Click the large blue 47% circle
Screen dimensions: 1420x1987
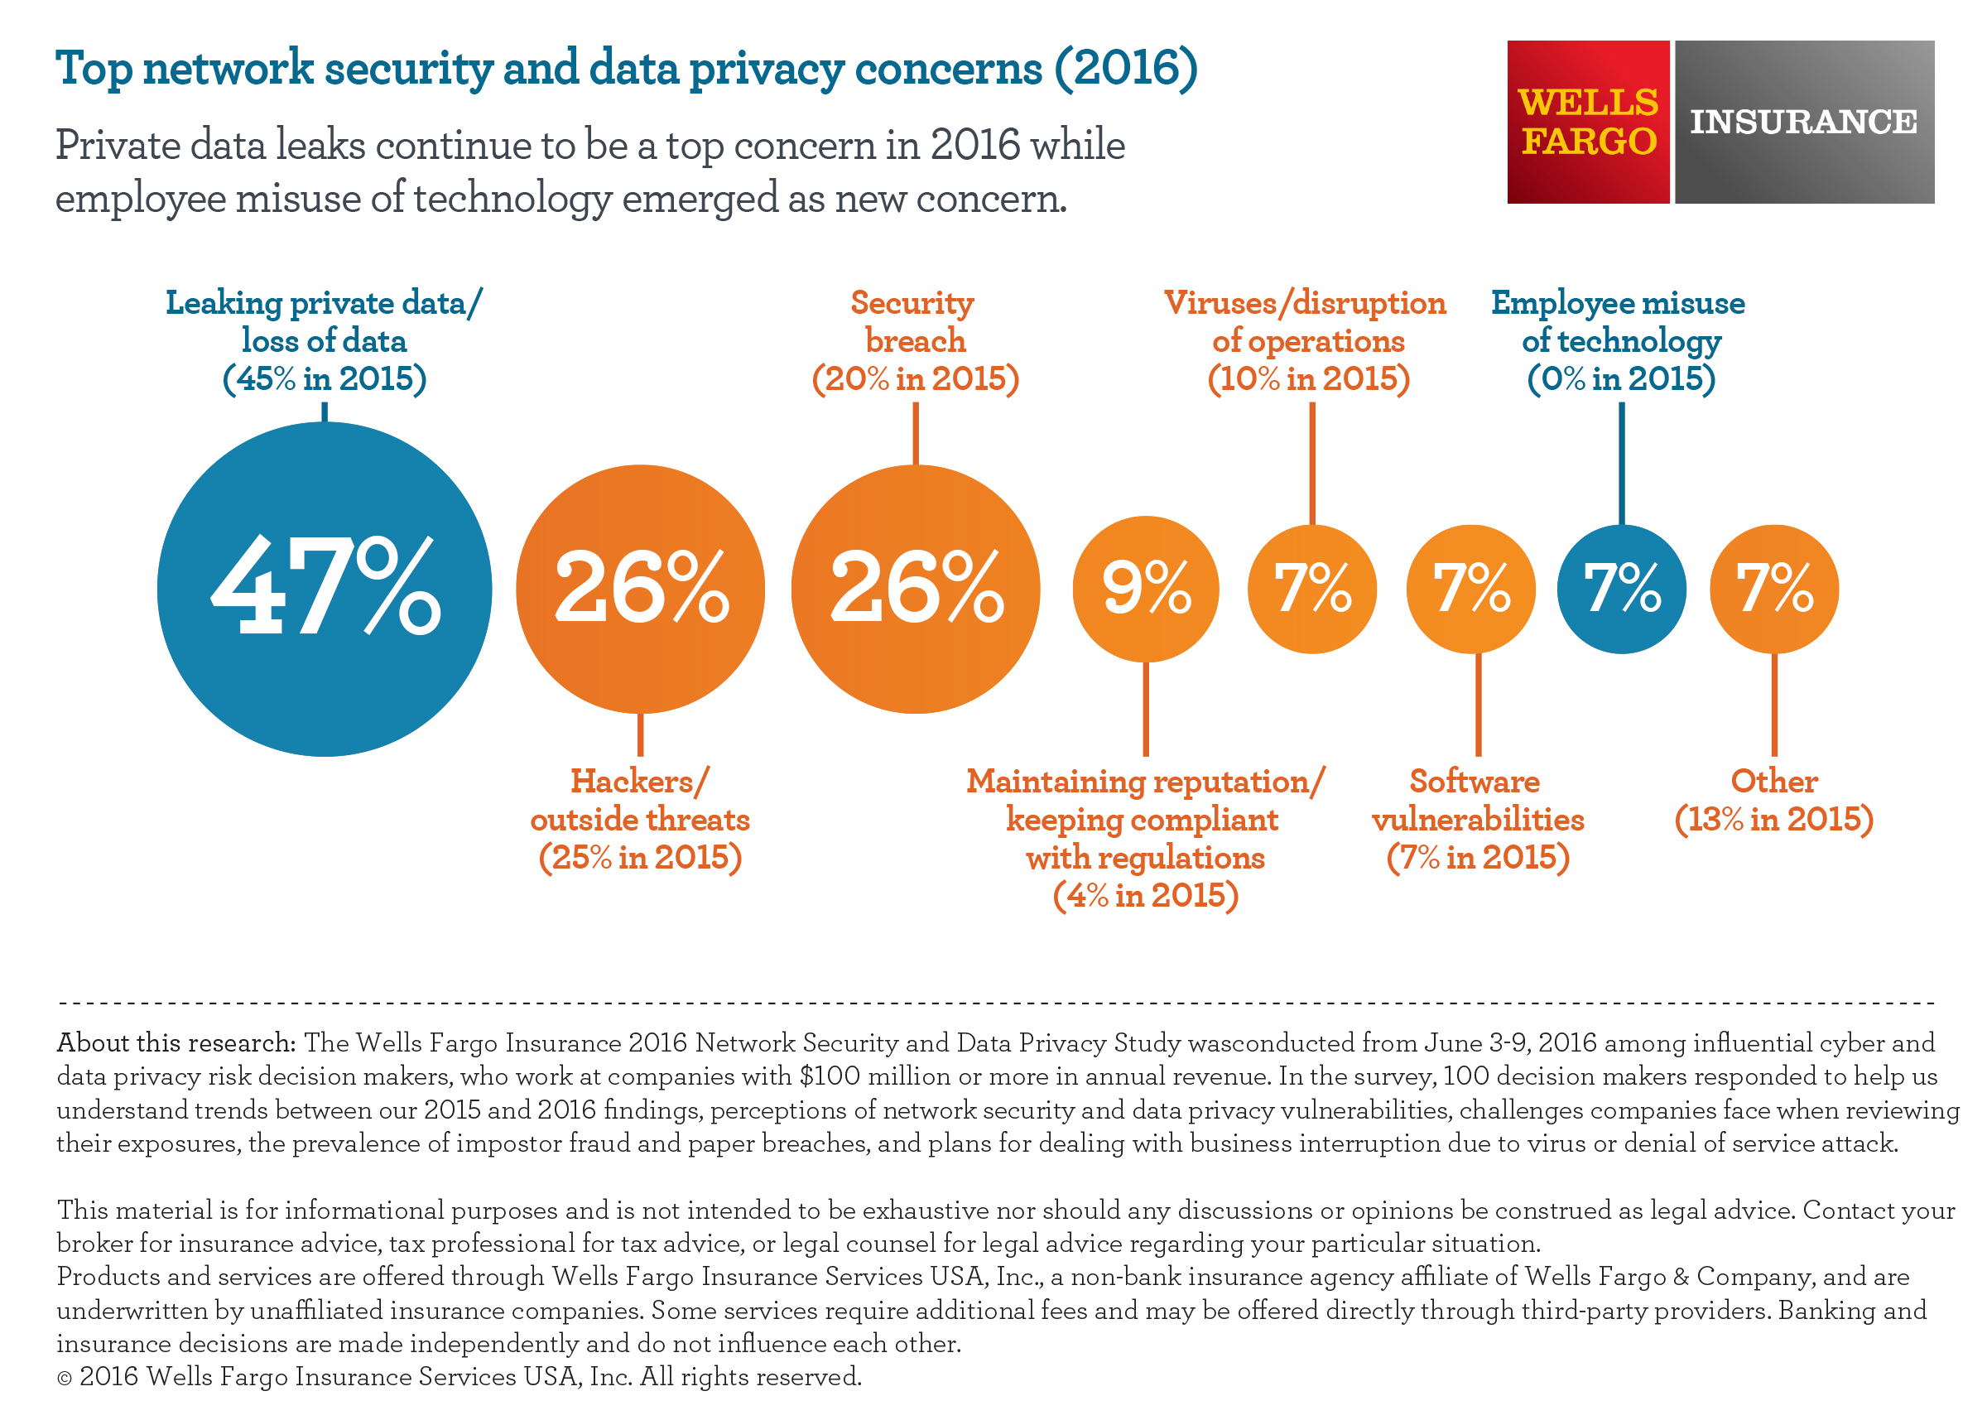point(325,589)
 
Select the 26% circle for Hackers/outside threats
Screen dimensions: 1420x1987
point(640,589)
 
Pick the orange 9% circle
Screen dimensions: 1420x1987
point(1145,589)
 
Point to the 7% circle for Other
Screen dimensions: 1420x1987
point(1773,589)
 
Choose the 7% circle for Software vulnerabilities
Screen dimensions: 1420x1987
point(1470,589)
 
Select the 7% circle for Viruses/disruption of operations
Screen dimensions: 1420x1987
point(1311,589)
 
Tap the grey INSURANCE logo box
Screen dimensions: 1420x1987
point(1803,122)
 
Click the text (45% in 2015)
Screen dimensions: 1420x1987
point(325,378)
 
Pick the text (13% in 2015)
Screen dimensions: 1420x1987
point(1773,820)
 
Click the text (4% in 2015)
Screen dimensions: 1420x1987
point(1145,895)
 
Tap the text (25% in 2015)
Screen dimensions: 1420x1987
point(640,858)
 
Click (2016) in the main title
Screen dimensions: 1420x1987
point(1126,68)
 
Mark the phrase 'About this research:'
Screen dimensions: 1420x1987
point(176,1043)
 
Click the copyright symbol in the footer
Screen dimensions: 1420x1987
point(64,1379)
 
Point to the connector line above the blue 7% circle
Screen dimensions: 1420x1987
point(1622,463)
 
